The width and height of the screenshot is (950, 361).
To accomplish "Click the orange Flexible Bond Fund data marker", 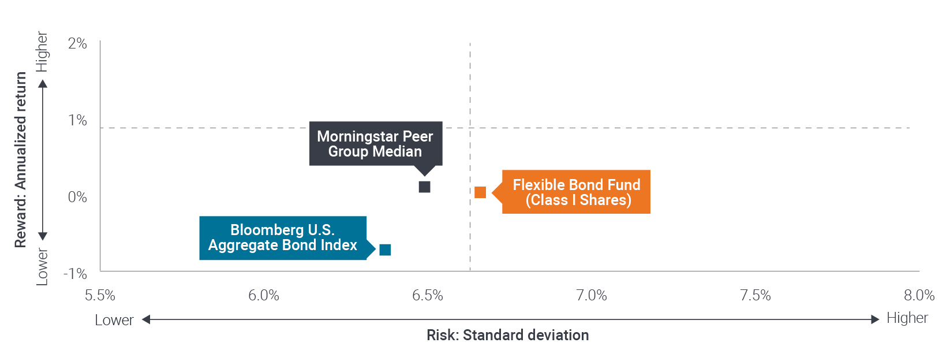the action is [x=480, y=192].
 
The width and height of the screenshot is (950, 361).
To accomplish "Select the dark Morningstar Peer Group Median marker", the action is [x=425, y=187].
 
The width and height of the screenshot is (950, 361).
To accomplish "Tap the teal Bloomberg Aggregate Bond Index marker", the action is [x=385, y=250].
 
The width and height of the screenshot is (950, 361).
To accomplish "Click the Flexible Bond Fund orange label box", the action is [x=576, y=192].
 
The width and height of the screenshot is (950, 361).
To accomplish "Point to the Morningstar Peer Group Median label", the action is [x=376, y=144].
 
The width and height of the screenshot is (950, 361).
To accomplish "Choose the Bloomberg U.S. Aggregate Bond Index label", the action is [x=283, y=238].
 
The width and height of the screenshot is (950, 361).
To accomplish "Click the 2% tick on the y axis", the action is [x=77, y=43].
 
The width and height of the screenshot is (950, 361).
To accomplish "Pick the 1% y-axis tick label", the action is [x=77, y=120].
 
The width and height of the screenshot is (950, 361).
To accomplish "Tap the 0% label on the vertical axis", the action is [x=77, y=197].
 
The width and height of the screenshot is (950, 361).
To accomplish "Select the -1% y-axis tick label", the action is [x=76, y=274].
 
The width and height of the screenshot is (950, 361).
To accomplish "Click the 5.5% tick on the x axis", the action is [x=100, y=295].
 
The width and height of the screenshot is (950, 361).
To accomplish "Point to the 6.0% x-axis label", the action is [x=264, y=295].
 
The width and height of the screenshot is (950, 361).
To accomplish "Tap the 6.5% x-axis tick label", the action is [x=428, y=295].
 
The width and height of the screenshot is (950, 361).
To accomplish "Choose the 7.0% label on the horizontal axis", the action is [x=592, y=295].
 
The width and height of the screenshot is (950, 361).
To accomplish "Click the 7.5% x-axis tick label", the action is [x=755, y=295].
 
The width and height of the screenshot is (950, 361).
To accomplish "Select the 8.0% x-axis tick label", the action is [x=919, y=295].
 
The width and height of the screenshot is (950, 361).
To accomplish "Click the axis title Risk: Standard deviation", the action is [x=508, y=335].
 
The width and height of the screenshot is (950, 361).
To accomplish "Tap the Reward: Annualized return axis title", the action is [x=20, y=159].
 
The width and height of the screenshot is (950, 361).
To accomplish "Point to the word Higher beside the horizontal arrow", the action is [x=907, y=318].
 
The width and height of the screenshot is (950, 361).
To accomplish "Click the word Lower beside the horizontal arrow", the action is [x=114, y=320].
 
